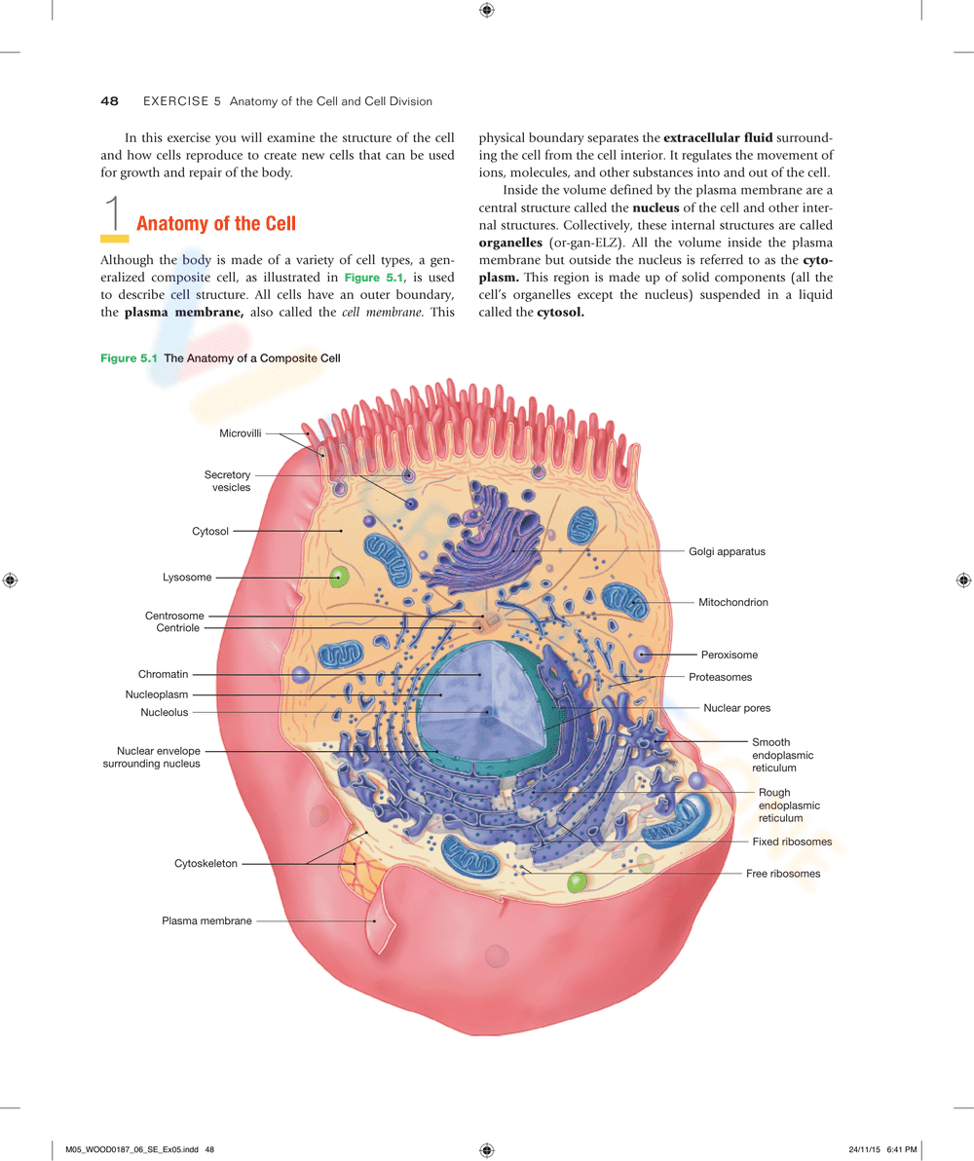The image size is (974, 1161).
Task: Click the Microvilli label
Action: tap(240, 432)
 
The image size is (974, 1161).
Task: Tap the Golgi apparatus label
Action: tap(727, 551)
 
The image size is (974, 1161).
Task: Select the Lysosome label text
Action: tap(187, 578)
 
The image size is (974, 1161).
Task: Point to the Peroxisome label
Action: tap(729, 655)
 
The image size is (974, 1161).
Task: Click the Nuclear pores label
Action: tap(736, 708)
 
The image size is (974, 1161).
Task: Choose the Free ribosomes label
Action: tap(783, 874)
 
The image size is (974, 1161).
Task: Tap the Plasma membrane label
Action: tap(206, 920)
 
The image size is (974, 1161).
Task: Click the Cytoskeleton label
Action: tap(206, 864)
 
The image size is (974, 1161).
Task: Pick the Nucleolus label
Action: tap(165, 712)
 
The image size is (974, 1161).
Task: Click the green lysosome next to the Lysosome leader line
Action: tap(338, 578)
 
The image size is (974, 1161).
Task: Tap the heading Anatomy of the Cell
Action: tap(216, 224)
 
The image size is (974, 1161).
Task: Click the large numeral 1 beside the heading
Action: tap(114, 215)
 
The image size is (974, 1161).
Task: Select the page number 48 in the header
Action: tap(109, 101)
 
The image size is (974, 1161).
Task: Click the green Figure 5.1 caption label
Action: tap(129, 358)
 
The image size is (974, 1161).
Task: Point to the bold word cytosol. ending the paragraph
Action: tap(560, 313)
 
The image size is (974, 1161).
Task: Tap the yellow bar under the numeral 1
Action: tap(115, 238)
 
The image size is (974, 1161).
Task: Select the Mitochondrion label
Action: tap(732, 603)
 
